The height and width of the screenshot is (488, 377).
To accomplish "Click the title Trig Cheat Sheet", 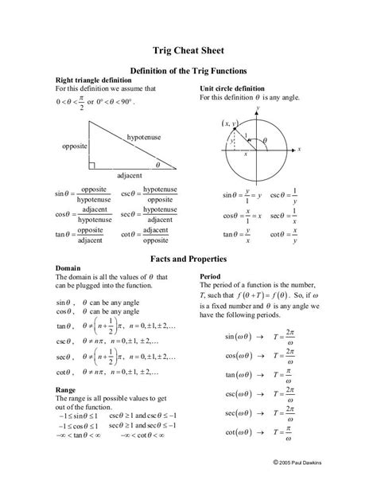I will tap(188, 48).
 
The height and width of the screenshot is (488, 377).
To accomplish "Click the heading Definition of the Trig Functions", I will tap(188, 70).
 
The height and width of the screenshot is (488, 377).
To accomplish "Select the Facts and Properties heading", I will tap(188, 259).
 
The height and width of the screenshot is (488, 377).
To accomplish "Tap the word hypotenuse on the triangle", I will tap(143, 137).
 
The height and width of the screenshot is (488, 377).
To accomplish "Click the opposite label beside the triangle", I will tap(75, 146).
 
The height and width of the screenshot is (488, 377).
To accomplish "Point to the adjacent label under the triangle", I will tap(129, 174).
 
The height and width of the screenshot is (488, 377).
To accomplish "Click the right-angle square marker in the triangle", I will tap(93, 165).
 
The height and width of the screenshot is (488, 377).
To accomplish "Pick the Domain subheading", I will tap(67, 268).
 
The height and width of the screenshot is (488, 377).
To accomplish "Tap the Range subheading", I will tap(65, 389).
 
